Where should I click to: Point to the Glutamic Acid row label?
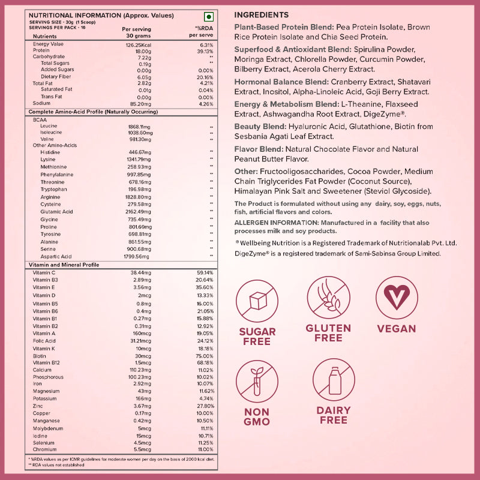[57, 211]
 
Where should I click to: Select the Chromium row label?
[44, 449]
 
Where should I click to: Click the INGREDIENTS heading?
[261, 14]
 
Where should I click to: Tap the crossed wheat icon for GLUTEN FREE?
[328, 298]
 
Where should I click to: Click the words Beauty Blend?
[259, 127]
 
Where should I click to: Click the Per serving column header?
[136, 29]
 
